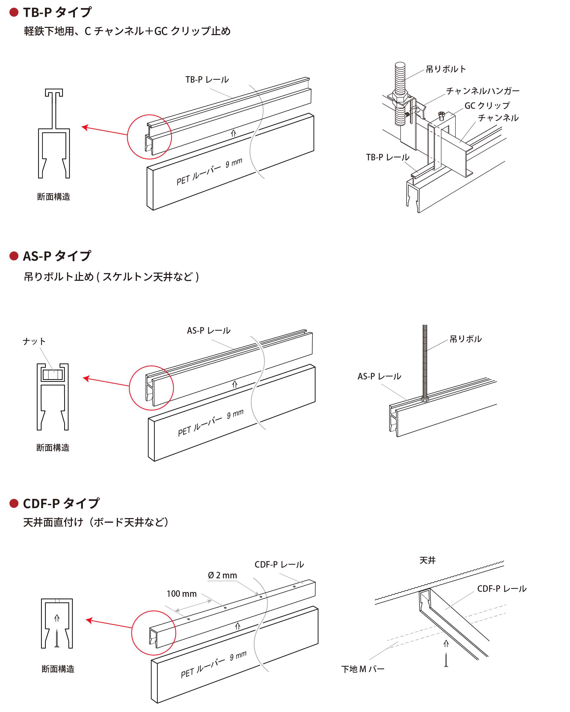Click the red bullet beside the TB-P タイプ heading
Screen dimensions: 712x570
click(x=14, y=12)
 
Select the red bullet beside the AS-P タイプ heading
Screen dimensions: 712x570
click(x=14, y=256)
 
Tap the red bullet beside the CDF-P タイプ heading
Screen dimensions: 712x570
click(x=14, y=503)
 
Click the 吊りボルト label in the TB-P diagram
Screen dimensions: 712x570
click(x=446, y=69)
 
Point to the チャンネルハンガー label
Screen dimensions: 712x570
click(x=482, y=91)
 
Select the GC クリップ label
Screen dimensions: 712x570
click(x=487, y=106)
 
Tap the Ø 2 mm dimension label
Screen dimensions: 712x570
click(x=222, y=575)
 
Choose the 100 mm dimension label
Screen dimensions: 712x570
click(x=182, y=594)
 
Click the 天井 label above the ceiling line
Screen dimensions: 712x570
click(x=427, y=560)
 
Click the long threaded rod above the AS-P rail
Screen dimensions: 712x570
click(x=425, y=360)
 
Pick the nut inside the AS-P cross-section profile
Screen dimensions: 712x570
click(x=53, y=374)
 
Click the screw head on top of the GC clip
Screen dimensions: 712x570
click(x=442, y=116)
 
